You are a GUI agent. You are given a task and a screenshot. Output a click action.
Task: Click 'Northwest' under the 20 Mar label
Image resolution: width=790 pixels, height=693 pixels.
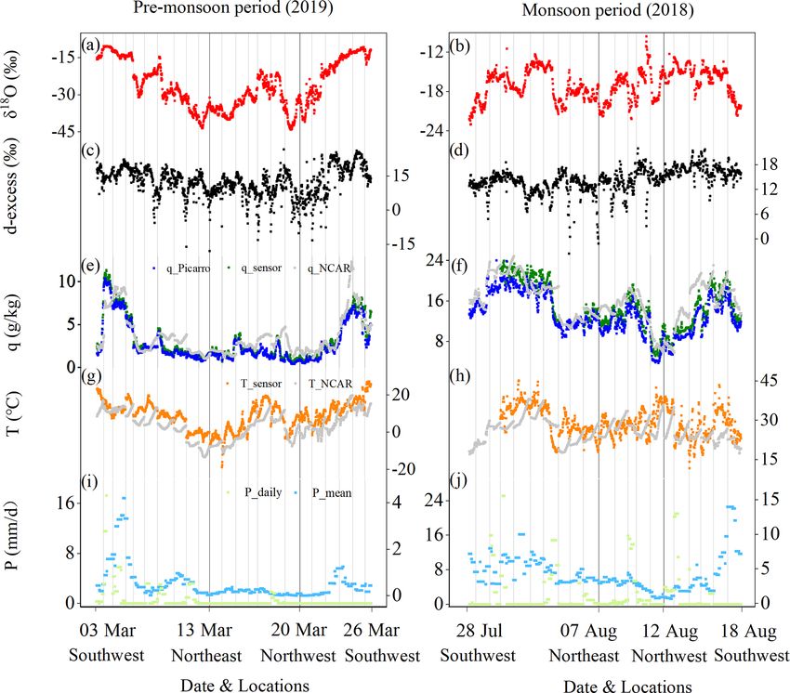pyautogui.click(x=299, y=656)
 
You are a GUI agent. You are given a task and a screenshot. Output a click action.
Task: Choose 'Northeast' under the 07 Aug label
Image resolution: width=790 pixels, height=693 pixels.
pyautogui.click(x=584, y=656)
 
